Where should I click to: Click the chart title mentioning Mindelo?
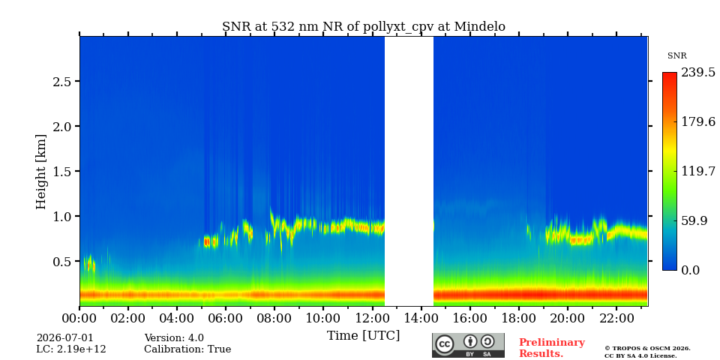(x=363, y=27)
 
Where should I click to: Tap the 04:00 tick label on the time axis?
(x=177, y=318)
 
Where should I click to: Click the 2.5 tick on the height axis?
(x=60, y=81)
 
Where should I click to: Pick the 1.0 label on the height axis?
(x=60, y=216)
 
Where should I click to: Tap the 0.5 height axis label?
(x=60, y=261)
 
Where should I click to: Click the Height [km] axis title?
(x=41, y=172)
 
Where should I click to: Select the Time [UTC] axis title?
(x=363, y=336)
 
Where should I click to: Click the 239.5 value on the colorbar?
(x=698, y=73)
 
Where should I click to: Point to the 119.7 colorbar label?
(x=698, y=171)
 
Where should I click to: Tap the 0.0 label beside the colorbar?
(x=690, y=270)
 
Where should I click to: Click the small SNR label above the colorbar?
(x=676, y=56)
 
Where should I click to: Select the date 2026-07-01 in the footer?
(x=64, y=338)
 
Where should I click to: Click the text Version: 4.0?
(x=174, y=338)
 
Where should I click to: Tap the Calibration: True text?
(x=187, y=349)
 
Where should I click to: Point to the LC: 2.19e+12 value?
(x=71, y=349)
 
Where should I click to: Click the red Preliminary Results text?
(x=552, y=348)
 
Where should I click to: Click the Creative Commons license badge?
(x=468, y=345)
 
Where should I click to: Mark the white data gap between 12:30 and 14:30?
(x=409, y=171)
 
